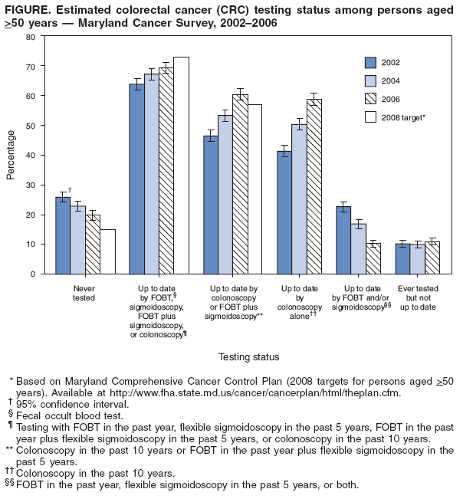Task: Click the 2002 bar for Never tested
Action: click(63, 235)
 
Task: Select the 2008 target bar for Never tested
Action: click(107, 251)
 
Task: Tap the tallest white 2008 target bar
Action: click(181, 165)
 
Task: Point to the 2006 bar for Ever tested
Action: click(432, 258)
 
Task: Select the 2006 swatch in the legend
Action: click(371, 99)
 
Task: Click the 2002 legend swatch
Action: click(371, 62)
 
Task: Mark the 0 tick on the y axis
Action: click(33, 274)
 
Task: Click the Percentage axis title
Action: click(11, 155)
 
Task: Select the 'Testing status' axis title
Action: click(248, 356)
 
